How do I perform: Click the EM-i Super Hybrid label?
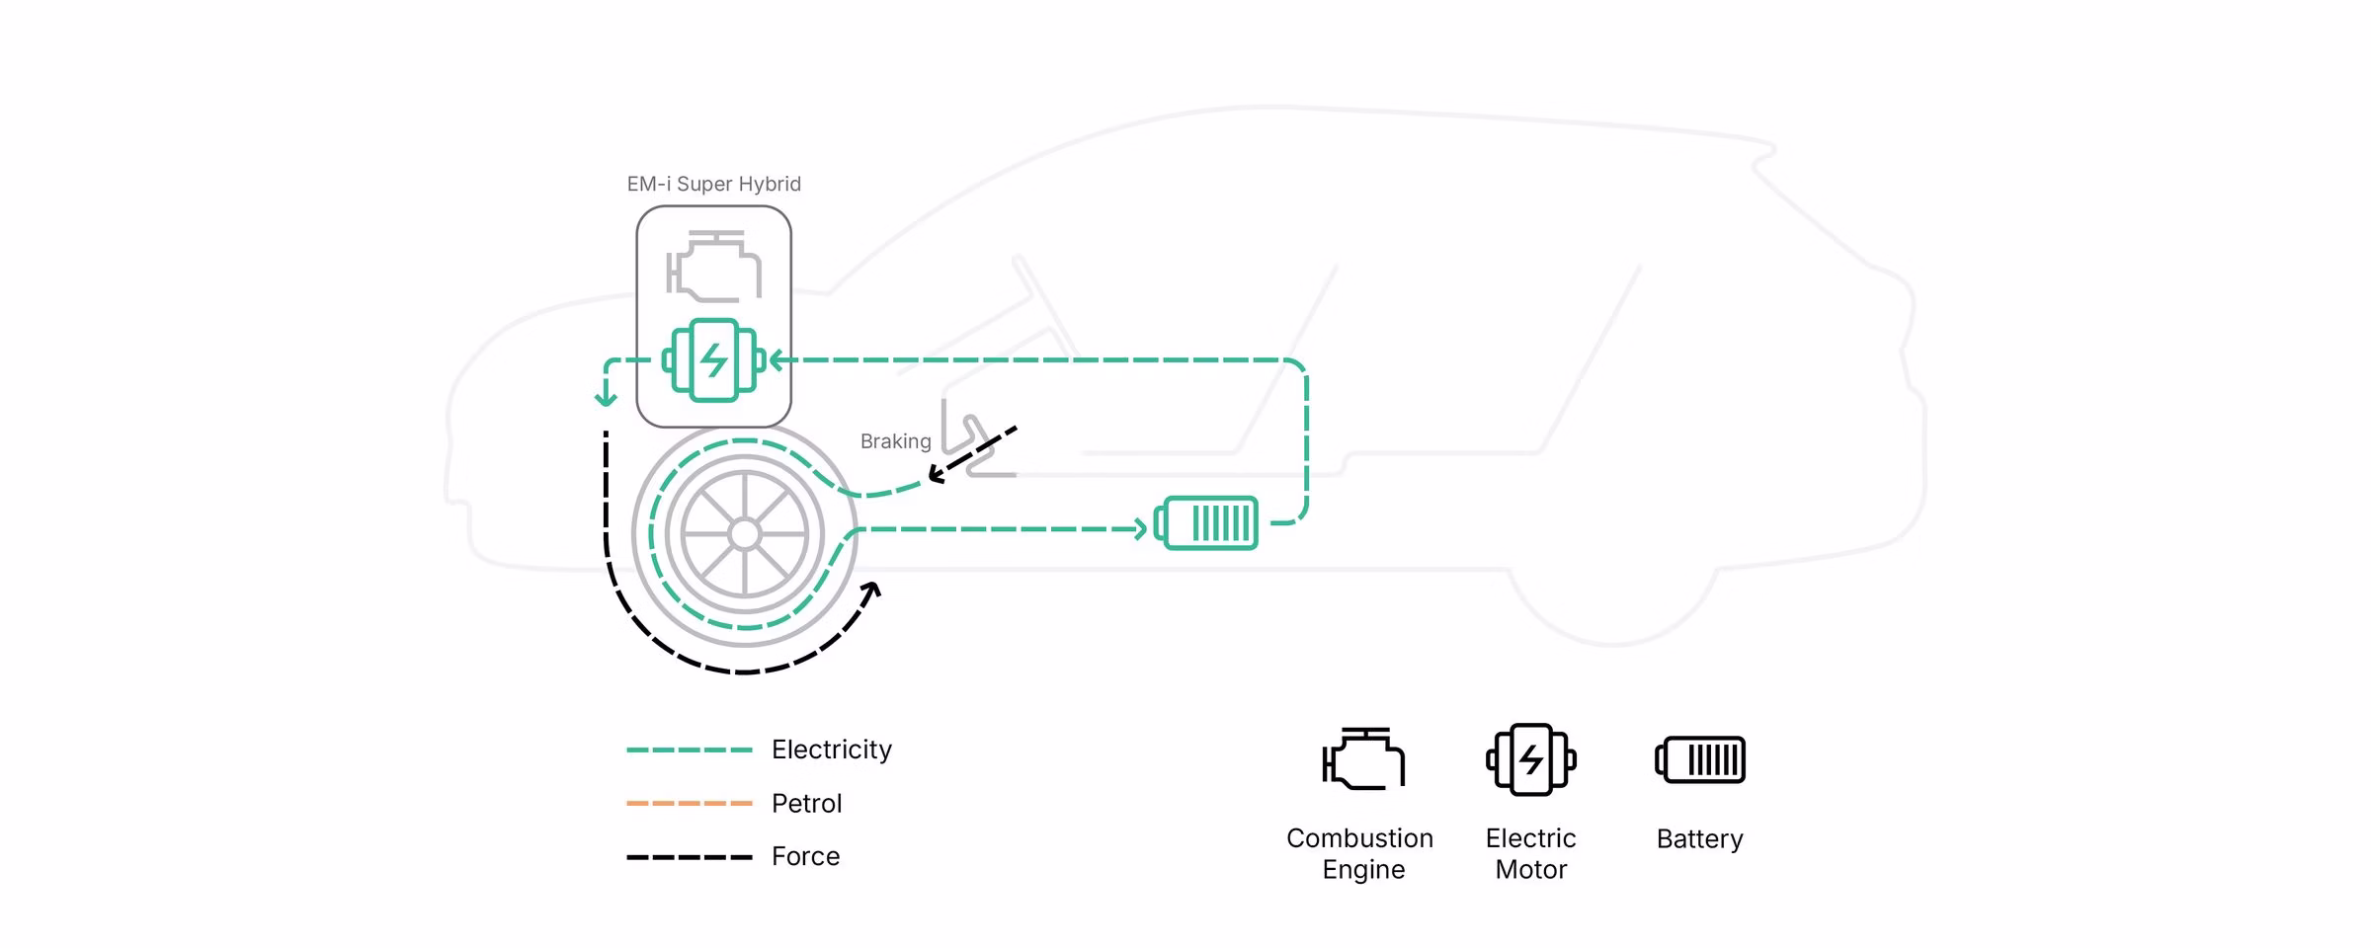click(713, 185)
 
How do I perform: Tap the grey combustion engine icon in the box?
click(713, 267)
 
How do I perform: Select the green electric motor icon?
click(713, 360)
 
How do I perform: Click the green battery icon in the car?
click(1206, 522)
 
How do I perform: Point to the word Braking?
click(895, 441)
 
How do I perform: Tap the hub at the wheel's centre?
click(744, 534)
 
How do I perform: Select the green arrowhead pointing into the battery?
click(1140, 529)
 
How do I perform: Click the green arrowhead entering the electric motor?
click(777, 360)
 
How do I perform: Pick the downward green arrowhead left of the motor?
click(606, 399)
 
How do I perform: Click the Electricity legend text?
click(831, 750)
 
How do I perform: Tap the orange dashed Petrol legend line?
click(690, 804)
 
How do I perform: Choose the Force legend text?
click(805, 856)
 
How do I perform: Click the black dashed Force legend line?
click(690, 857)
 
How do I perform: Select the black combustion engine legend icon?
click(1363, 758)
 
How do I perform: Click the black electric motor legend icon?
click(1531, 759)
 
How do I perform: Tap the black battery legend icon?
click(1700, 759)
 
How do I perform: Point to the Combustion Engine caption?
click(1360, 853)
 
